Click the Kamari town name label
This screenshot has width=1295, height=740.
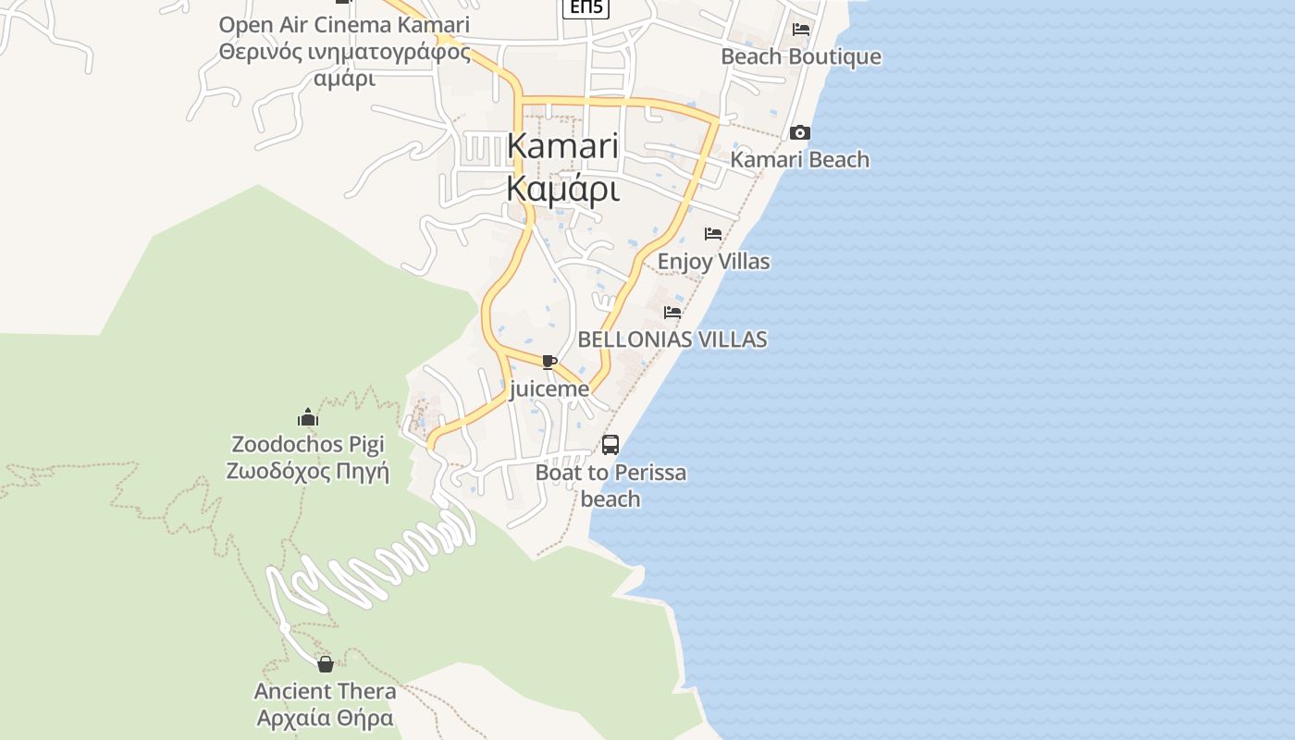[x=562, y=146]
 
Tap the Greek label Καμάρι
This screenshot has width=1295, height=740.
[x=562, y=188]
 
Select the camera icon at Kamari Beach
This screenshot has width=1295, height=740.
[x=800, y=133]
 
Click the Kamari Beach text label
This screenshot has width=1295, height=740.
[x=800, y=159]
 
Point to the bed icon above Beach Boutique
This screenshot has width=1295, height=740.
[x=801, y=30]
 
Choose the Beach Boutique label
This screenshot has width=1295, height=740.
[x=801, y=56]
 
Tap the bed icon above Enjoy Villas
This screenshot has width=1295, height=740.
[x=713, y=234]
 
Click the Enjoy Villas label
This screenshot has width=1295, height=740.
[x=713, y=262]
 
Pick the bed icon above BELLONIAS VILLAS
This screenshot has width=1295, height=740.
[x=672, y=313]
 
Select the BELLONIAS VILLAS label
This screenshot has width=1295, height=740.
[x=672, y=339]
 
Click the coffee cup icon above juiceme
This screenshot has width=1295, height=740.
[x=549, y=362]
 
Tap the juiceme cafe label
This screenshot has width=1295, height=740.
[x=549, y=388]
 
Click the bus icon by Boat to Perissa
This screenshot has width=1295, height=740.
[x=610, y=445]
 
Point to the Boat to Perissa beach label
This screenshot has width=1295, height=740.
[x=610, y=486]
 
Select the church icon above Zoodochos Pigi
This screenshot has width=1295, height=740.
[x=308, y=417]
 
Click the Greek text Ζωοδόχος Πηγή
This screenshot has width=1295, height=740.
[x=308, y=472]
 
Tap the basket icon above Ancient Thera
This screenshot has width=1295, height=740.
[x=326, y=664]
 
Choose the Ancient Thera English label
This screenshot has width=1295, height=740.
[x=326, y=691]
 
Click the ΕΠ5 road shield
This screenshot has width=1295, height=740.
[x=586, y=8]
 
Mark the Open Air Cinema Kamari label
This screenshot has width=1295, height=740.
[x=344, y=25]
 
